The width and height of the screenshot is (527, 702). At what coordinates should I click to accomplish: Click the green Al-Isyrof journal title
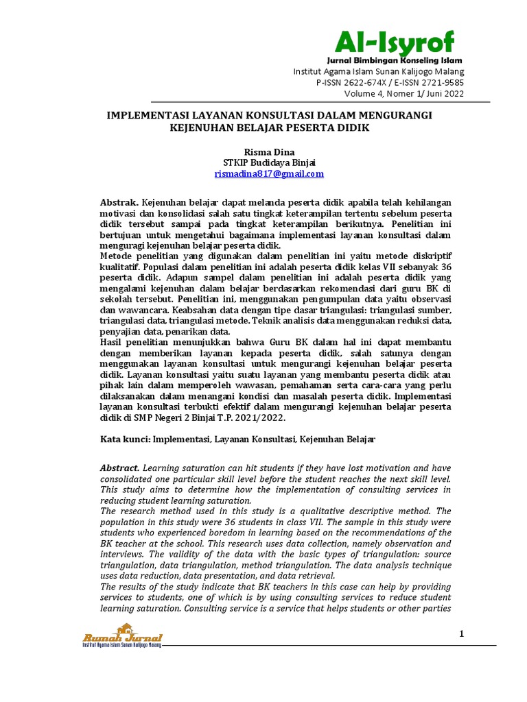coord(394,43)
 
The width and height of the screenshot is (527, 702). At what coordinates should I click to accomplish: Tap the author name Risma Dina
coord(269,152)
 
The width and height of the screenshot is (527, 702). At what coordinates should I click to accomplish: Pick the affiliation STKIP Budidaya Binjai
coord(269,162)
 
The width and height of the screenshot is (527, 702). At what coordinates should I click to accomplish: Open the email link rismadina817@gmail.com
coord(269,174)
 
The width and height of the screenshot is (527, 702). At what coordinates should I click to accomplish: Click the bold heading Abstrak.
coord(119,203)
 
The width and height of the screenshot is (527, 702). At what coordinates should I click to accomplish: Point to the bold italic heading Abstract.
coord(119,467)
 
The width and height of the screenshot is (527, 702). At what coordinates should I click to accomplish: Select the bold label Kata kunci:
coord(125,438)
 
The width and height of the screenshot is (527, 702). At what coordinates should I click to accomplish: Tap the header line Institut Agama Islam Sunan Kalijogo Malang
coord(378,72)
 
